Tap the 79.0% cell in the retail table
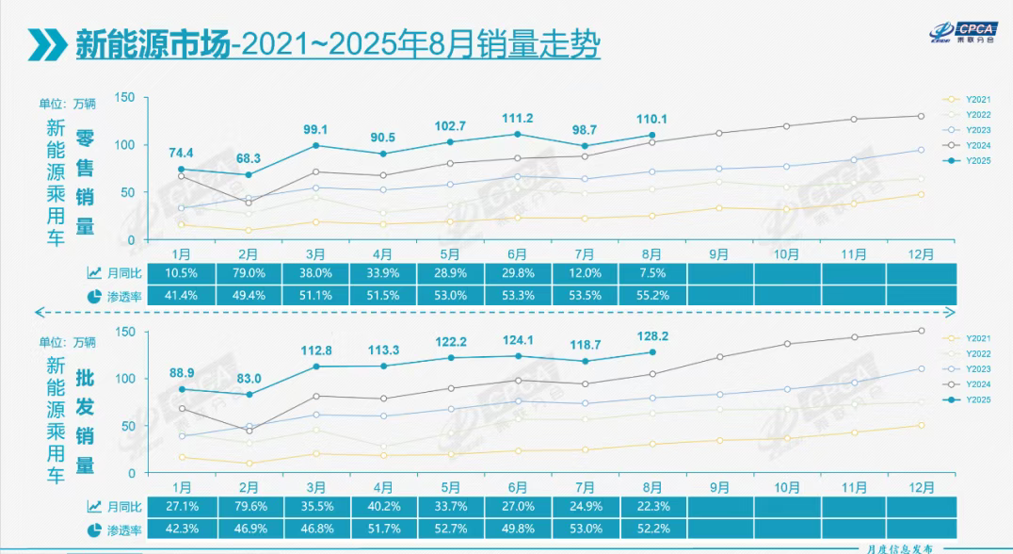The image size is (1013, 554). pyautogui.click(x=249, y=273)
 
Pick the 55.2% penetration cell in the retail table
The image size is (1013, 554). pyautogui.click(x=651, y=295)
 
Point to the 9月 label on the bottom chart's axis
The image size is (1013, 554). pyautogui.click(x=718, y=487)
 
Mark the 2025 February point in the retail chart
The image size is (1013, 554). pyautogui.click(x=249, y=175)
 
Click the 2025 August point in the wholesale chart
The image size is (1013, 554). pyautogui.click(x=651, y=352)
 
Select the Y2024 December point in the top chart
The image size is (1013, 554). pyautogui.click(x=921, y=116)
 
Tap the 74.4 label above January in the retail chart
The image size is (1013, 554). pyautogui.click(x=182, y=153)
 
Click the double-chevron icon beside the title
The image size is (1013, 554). pyautogui.click(x=46, y=44)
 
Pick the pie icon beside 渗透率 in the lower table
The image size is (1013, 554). pyautogui.click(x=94, y=530)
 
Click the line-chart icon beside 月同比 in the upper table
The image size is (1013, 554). pyautogui.click(x=94, y=273)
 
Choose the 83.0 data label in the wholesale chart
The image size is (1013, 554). pyautogui.click(x=249, y=378)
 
